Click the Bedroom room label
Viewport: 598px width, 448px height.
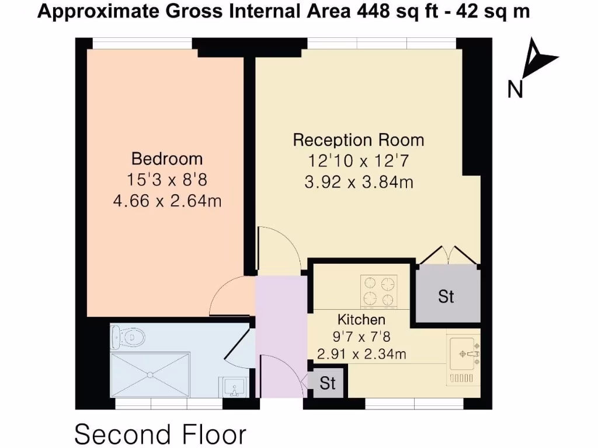tap(166, 159)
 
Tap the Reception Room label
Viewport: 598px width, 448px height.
tap(358, 140)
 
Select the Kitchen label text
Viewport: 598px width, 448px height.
tap(361, 320)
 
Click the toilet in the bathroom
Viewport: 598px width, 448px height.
tap(127, 337)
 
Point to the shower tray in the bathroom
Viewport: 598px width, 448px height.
tap(149, 373)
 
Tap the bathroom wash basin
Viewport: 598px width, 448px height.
tap(235, 387)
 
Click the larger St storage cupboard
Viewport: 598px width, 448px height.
tap(447, 296)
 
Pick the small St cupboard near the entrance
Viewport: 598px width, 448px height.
tap(328, 383)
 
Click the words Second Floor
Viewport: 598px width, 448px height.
tap(161, 435)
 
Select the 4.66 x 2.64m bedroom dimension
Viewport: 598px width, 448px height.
tap(166, 201)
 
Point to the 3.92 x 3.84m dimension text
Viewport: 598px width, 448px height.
tap(358, 183)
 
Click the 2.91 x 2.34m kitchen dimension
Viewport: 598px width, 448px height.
tap(361, 353)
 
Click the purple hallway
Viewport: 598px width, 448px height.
tap(281, 338)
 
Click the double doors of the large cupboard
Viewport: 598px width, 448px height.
tap(447, 255)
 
